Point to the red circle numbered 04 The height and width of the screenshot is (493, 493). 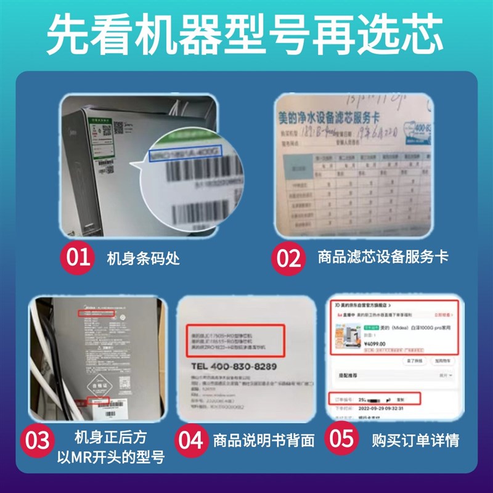tap(192, 439)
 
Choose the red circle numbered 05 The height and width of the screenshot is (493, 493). tap(342, 439)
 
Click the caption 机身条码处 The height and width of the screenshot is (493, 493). tap(144, 258)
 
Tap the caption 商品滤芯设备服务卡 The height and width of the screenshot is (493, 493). tap(382, 257)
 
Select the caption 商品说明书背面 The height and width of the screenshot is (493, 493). tap(264, 440)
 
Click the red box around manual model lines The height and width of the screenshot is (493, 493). tap(234, 338)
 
